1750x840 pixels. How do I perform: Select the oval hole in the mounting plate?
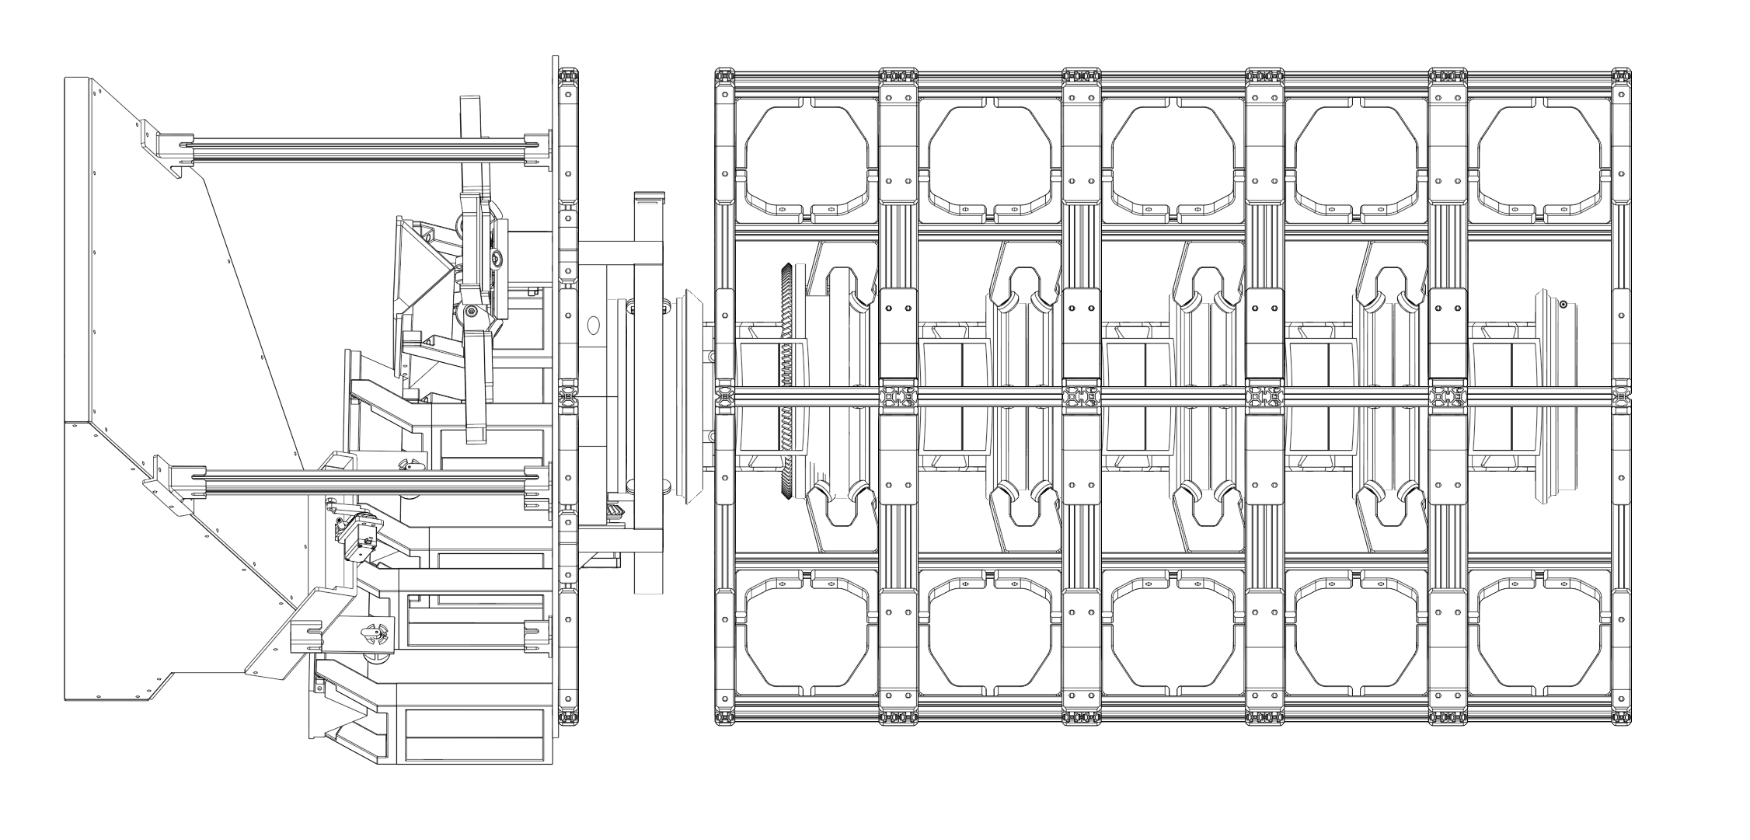point(594,325)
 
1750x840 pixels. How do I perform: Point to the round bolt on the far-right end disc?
point(1563,305)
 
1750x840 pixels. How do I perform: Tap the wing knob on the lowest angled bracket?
point(375,633)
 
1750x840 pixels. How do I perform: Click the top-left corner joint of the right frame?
point(724,77)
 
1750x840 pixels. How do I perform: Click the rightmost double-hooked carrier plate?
point(1391,396)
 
